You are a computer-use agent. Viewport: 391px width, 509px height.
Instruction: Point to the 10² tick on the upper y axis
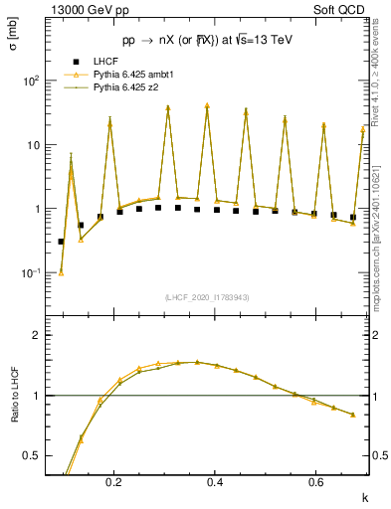(x=36, y=82)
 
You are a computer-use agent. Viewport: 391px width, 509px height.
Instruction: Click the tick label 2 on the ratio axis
(x=42, y=335)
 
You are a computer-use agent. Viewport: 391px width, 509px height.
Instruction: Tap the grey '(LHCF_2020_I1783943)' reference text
(x=208, y=297)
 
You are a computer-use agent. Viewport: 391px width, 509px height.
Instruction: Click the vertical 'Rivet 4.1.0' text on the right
(x=380, y=80)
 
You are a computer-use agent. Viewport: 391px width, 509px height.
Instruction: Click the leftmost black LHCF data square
(x=61, y=242)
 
